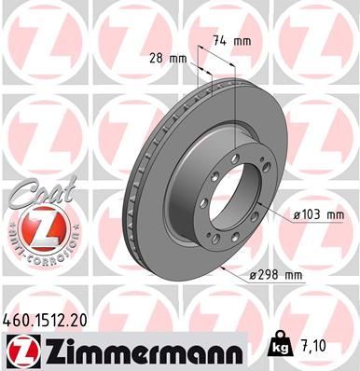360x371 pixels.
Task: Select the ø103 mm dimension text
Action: click(318, 214)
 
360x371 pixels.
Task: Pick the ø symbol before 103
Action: click(297, 214)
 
